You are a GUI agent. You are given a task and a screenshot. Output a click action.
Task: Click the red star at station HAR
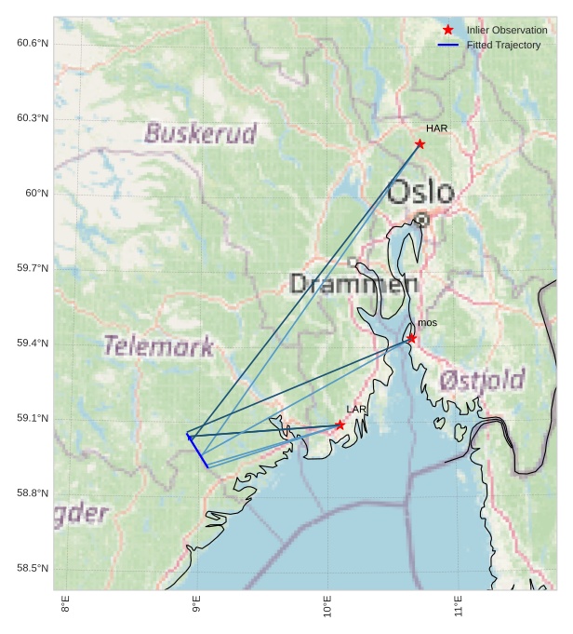pos(420,143)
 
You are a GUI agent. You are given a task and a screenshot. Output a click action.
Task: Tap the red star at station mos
pos(411,338)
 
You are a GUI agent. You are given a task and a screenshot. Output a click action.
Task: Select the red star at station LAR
pos(340,425)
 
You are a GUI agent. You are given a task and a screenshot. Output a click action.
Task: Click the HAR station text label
pos(436,128)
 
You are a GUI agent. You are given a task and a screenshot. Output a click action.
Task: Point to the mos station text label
pos(427,323)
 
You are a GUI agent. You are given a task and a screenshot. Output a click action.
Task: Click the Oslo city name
pos(420,192)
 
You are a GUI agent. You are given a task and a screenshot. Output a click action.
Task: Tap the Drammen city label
pos(348,283)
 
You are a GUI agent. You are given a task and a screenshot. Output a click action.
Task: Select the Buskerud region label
pos(200,133)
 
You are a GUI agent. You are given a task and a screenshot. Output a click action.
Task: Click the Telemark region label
pos(159,346)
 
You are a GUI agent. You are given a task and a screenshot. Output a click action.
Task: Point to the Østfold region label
pos(482,379)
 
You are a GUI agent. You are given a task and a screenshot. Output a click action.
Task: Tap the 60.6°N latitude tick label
pos(32,43)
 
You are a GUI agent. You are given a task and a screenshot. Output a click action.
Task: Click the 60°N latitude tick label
pos(36,194)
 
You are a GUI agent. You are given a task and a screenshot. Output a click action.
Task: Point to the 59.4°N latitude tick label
pos(32,344)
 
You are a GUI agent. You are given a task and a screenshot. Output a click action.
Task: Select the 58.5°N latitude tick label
pos(32,569)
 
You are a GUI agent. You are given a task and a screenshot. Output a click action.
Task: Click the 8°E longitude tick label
pos(65,611)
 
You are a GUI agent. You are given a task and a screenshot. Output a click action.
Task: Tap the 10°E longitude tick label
pos(326,611)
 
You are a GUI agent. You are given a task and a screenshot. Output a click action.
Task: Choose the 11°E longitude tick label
pos(458,611)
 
